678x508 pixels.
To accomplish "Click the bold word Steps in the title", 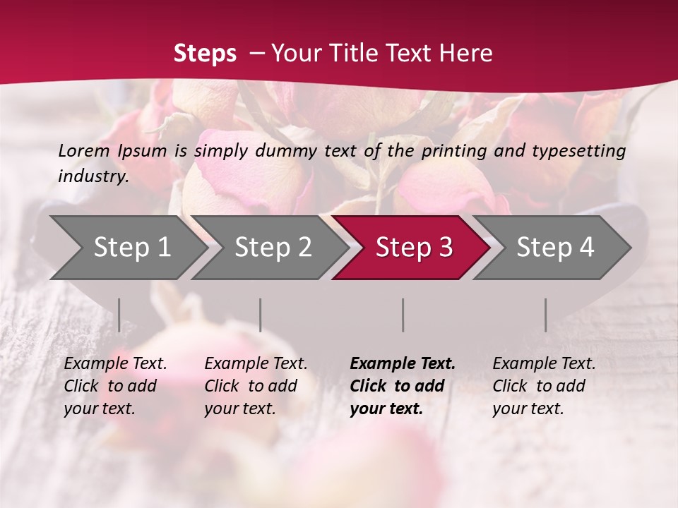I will tap(205, 54).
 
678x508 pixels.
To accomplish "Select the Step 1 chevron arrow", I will tap(131, 247).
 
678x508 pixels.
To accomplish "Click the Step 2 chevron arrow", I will tap(273, 247).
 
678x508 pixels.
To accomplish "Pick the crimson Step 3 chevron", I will tap(413, 247).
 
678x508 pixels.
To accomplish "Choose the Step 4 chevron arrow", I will tap(554, 247).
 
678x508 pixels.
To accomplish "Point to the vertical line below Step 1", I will tap(119, 315).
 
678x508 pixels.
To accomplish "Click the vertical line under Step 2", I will tap(261, 315).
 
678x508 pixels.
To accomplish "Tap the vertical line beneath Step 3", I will tap(403, 315).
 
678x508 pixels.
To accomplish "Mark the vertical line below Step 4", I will tap(546, 315).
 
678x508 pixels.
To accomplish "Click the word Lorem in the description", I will tap(84, 150).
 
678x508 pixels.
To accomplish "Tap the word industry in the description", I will tap(93, 176).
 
